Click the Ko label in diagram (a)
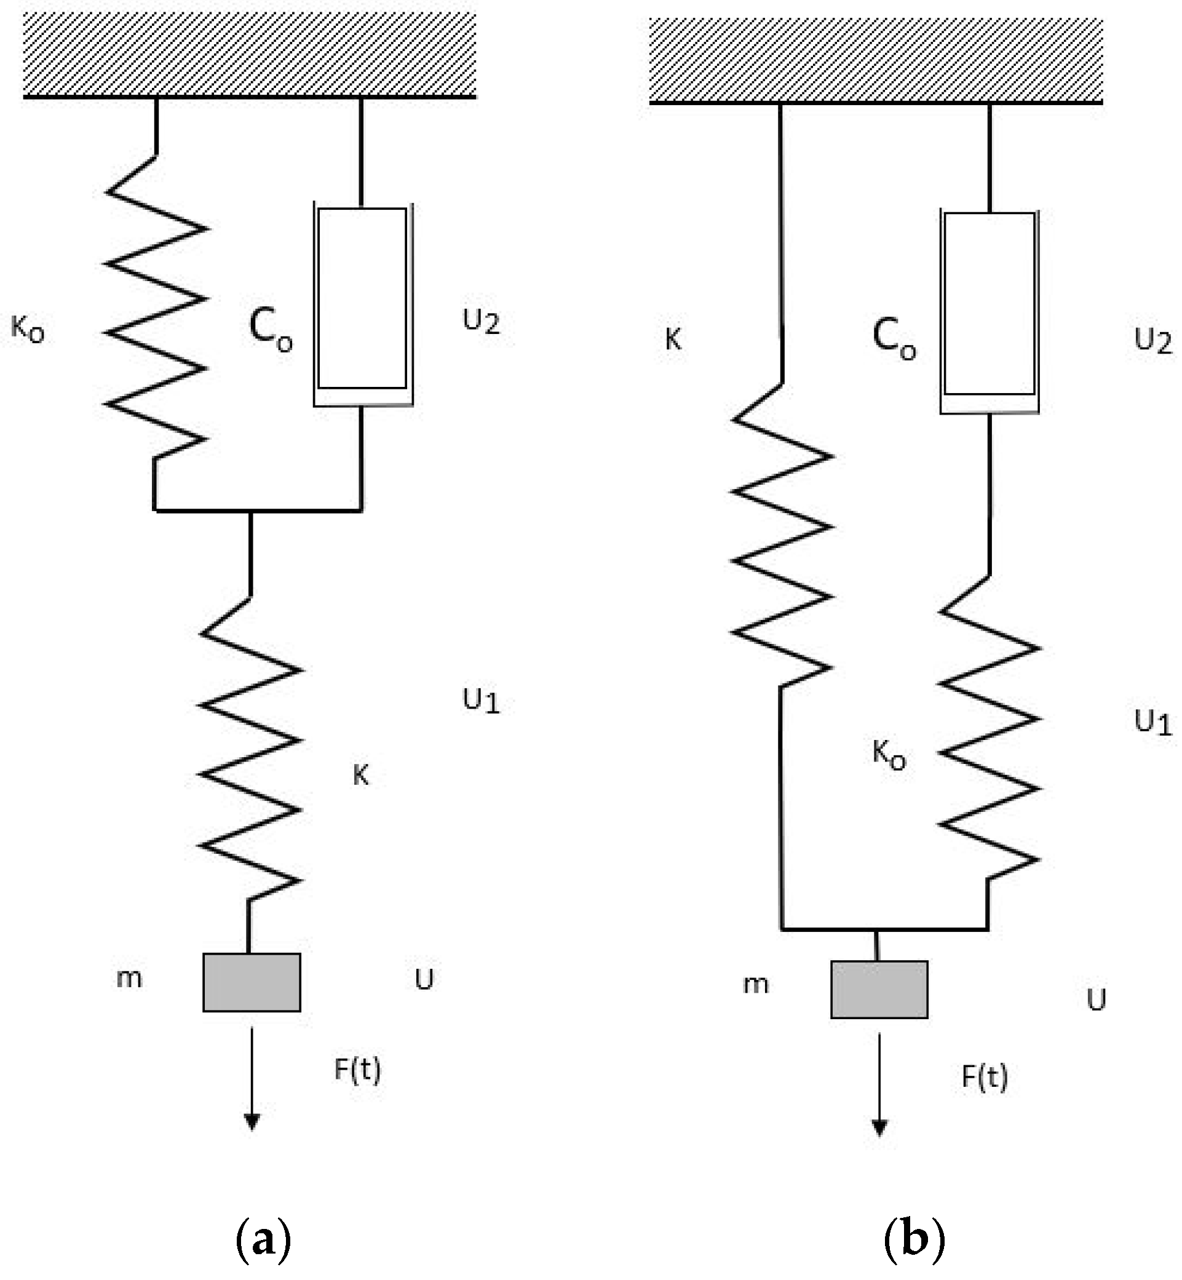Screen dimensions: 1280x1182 pos(28,330)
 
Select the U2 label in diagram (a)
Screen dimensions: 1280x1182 pos(481,321)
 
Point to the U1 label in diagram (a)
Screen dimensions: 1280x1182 pos(481,701)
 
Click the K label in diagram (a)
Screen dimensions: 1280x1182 pos(361,775)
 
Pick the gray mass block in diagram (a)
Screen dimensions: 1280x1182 pos(252,982)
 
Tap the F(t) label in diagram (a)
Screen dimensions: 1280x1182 pos(357,1070)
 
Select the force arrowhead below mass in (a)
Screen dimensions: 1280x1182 pos(252,1122)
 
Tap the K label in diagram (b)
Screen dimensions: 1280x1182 pos(673,340)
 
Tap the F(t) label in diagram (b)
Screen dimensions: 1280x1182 pos(985,1077)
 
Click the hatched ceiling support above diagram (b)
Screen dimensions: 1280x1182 pos(876,60)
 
